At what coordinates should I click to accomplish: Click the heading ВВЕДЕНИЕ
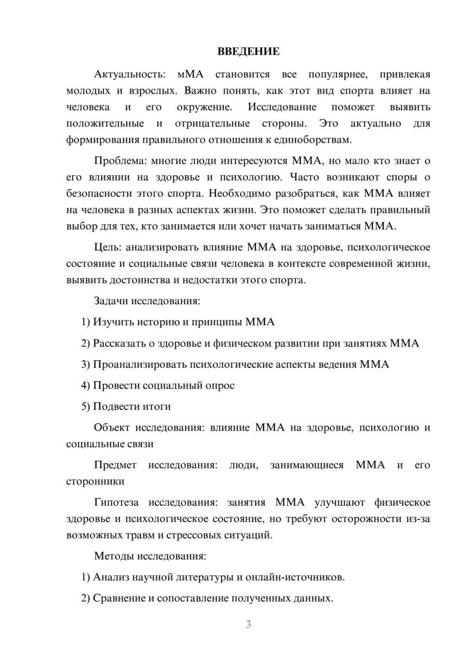pyautogui.click(x=248, y=51)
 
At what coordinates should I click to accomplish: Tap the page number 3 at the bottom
pyautogui.click(x=248, y=624)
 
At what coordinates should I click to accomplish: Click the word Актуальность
pyautogui.click(x=129, y=74)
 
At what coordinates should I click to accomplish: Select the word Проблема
pyautogui.click(x=120, y=161)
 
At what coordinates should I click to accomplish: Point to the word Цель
pyautogui.click(x=107, y=247)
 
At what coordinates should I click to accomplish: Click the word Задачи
pyautogui.click(x=111, y=301)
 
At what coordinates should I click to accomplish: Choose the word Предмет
pyautogui.click(x=115, y=465)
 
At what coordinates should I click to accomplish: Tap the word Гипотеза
pyautogui.click(x=116, y=502)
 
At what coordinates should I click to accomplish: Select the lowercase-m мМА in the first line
pyautogui.click(x=191, y=74)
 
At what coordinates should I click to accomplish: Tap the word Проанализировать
pyautogui.click(x=140, y=364)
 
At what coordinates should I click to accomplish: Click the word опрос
pyautogui.click(x=220, y=386)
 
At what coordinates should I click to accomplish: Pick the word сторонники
pyautogui.click(x=95, y=482)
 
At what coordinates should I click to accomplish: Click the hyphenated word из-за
pyautogui.click(x=418, y=519)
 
